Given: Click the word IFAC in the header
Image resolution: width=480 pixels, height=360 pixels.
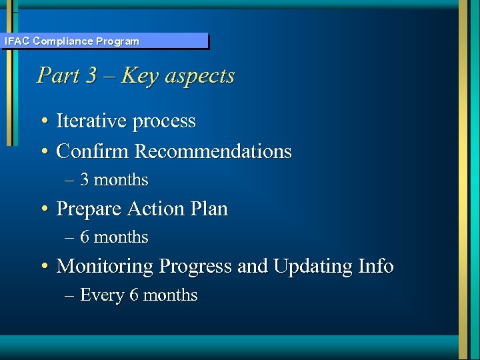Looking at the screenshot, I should tap(17, 41).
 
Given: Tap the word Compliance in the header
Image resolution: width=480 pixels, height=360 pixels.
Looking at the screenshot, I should tap(63, 41).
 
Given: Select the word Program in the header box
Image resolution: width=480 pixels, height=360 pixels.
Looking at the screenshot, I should tap(117, 41).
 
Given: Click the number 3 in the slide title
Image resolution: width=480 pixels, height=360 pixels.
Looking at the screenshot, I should tap(91, 75).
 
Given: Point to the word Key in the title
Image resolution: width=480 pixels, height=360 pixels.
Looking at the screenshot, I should tap(141, 75).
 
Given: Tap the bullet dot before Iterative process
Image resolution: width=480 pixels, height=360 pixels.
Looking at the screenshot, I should tap(43, 122).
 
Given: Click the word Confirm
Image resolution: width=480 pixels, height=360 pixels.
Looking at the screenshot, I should tap(93, 151).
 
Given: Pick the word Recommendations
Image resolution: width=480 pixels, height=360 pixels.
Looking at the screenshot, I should tap(213, 151).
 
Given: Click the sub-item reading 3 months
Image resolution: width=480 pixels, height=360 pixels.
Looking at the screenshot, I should tap(114, 180).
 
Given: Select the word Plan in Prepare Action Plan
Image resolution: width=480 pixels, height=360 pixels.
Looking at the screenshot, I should tap(209, 209).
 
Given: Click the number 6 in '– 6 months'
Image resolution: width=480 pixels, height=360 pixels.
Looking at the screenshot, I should tap(85, 237).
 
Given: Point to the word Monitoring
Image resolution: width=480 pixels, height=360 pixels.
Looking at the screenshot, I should tap(105, 267).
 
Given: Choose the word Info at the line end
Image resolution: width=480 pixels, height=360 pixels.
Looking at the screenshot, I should tap(376, 267).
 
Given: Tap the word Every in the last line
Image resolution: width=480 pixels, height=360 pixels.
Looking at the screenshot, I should tap(102, 295).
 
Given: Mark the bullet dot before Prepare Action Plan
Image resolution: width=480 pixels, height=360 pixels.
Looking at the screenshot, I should tap(43, 210).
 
